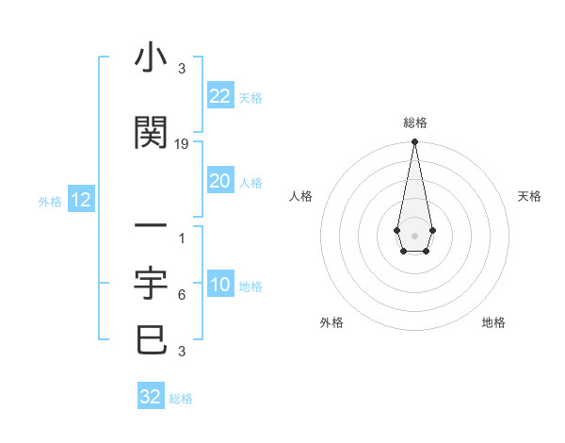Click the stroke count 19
(182, 144)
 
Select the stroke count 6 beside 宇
(181, 295)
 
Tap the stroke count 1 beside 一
(181, 238)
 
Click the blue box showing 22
(219, 95)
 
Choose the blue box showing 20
(219, 181)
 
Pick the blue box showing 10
(219, 286)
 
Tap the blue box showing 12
(81, 200)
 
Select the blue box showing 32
(151, 397)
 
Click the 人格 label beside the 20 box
(250, 182)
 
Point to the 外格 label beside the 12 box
(50, 201)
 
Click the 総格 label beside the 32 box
(181, 398)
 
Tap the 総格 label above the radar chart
(414, 123)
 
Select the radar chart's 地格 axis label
(493, 322)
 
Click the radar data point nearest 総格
(414, 142)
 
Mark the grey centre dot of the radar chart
(414, 234)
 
